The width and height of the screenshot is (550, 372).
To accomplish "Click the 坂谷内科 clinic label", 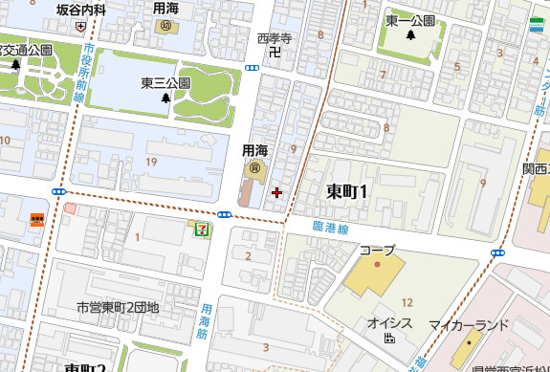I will coord(81,9).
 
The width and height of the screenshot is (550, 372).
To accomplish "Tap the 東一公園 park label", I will coord(410,20).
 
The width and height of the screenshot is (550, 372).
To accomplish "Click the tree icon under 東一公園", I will coord(410,36).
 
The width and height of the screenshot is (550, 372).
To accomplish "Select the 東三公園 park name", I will coord(165,82).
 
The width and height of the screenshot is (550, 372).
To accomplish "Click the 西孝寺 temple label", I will coord(274,38).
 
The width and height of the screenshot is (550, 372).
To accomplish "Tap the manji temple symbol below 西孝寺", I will coord(275,54).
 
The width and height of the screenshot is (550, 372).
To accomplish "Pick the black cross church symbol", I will coord(277,193).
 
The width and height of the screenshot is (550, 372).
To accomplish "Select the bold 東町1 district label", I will coord(347,190).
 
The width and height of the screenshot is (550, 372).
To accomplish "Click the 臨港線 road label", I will coord(329,230).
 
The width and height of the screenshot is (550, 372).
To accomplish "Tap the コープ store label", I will coord(377,250).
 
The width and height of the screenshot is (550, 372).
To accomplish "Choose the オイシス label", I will coord(389,323).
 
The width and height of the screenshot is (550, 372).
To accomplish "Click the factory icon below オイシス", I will coord(389,339).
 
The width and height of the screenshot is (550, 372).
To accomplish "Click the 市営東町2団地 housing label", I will coord(118,308).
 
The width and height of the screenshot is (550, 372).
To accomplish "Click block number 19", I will coord(150,163).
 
